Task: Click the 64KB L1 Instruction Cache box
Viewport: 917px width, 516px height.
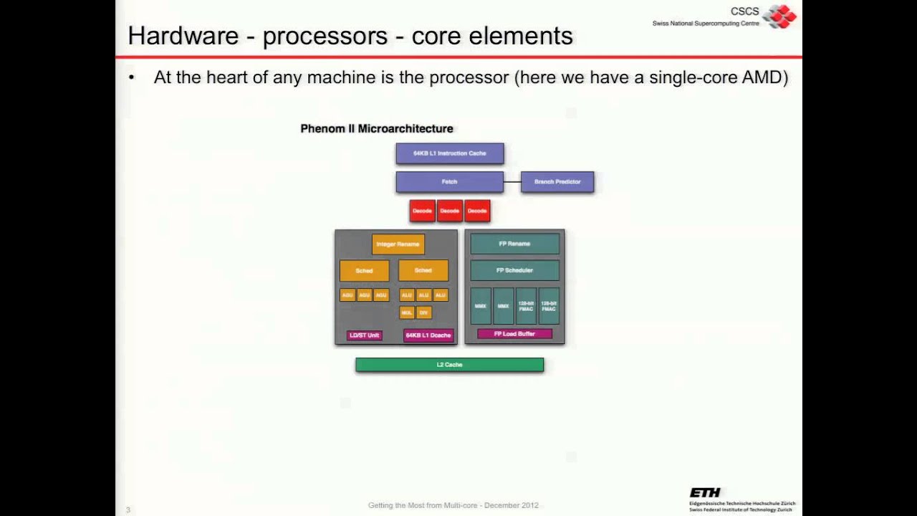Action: [x=449, y=153]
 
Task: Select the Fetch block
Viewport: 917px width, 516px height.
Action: [x=449, y=182]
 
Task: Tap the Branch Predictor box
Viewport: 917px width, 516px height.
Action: [x=557, y=182]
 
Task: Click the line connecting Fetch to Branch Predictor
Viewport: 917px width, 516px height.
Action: [x=512, y=182]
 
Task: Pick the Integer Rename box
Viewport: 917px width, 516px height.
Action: [x=398, y=244]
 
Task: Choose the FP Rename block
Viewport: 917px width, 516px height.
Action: [x=514, y=244]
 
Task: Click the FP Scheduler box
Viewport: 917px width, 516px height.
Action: [x=514, y=270]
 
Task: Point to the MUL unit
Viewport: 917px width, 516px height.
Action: [x=406, y=312]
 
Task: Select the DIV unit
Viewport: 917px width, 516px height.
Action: [x=423, y=312]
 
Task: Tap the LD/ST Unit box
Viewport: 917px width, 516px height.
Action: [x=364, y=335]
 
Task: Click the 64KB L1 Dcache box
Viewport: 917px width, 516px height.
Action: [x=428, y=335]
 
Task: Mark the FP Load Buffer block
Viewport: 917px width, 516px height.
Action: [x=514, y=334]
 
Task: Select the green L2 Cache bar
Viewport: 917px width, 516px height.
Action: [x=449, y=365]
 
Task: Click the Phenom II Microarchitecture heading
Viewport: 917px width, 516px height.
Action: [x=376, y=129]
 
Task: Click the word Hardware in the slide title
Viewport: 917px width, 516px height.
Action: [x=183, y=36]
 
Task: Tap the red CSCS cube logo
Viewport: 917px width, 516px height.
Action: [x=779, y=16]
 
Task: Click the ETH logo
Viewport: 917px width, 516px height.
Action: [x=705, y=492]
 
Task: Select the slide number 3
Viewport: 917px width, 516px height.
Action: [x=128, y=510]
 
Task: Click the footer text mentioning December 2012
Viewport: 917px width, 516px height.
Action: [x=453, y=505]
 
